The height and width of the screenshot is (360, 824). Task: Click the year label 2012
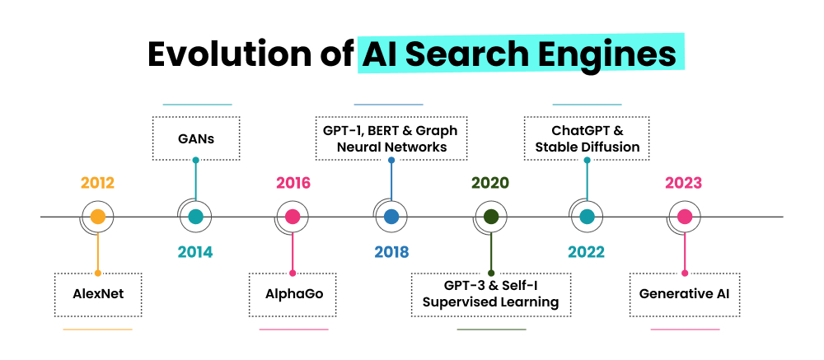point(97,183)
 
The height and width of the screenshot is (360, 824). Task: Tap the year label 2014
point(195,252)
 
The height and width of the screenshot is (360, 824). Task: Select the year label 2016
point(293,183)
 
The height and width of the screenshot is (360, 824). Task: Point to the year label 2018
point(391,252)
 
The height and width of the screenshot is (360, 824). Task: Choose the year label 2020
point(490,183)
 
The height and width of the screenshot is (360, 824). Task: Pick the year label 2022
point(587,252)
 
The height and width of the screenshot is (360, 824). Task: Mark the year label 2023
point(684,183)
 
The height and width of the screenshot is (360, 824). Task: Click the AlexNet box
point(97,293)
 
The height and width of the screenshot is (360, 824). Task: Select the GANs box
point(195,138)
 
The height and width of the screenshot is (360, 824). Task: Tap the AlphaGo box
point(293,293)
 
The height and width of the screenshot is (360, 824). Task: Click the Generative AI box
point(684,293)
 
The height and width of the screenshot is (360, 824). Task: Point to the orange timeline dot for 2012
point(97,217)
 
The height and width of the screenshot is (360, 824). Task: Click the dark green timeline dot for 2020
point(490,217)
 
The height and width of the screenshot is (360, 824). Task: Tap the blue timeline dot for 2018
point(391,217)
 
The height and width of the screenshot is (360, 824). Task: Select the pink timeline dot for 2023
point(684,217)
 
